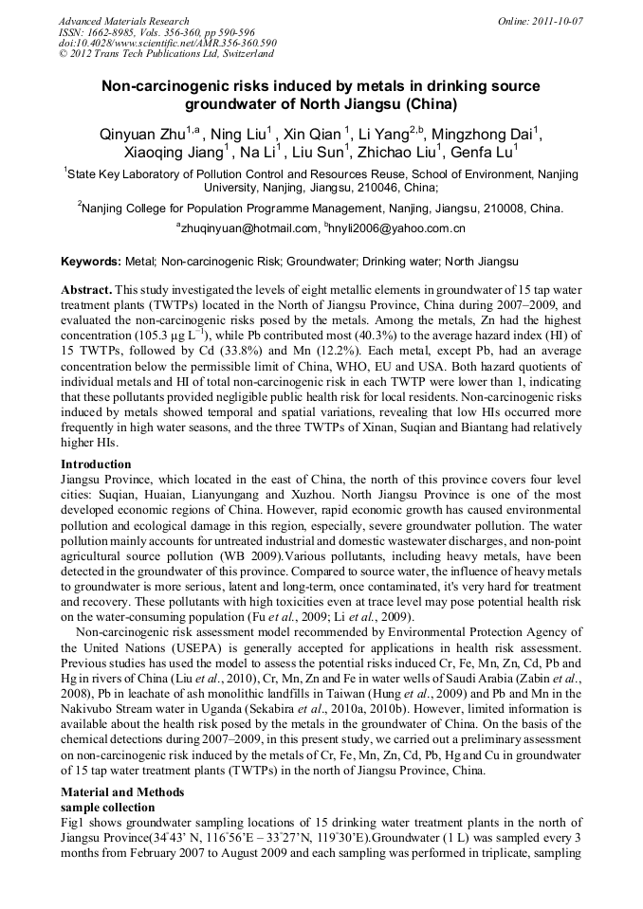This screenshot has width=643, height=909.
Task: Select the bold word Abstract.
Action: coord(87,287)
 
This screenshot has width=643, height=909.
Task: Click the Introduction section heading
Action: coord(96,464)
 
